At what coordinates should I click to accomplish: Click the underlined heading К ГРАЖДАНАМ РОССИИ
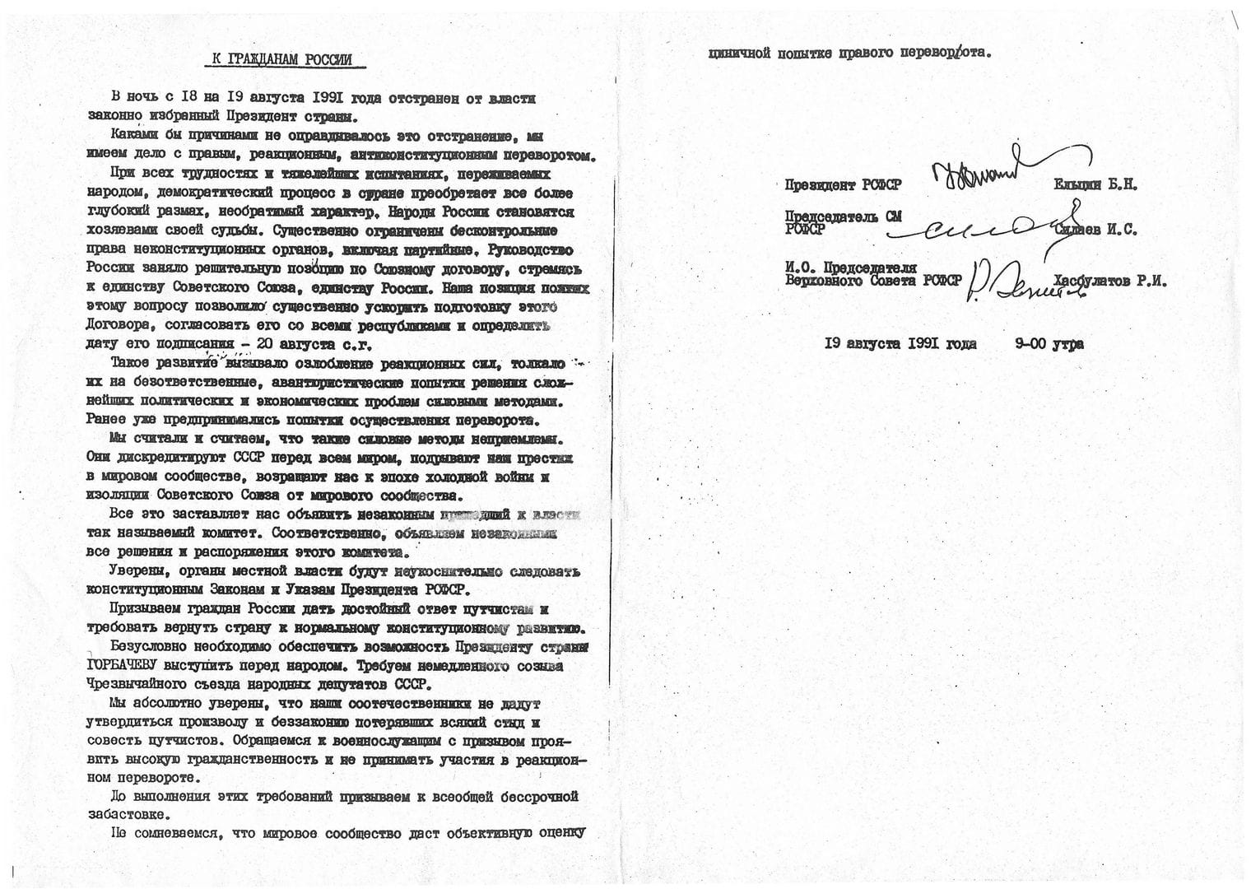point(277,60)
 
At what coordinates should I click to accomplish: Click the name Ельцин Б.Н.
point(1095,185)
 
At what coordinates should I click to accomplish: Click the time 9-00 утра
point(1049,343)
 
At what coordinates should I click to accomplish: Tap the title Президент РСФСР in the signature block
point(844,185)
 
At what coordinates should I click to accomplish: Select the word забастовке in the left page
point(128,815)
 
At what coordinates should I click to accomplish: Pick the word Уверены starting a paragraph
point(136,571)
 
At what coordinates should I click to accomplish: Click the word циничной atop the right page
point(739,54)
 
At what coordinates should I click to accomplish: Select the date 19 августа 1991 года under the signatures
point(900,343)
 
